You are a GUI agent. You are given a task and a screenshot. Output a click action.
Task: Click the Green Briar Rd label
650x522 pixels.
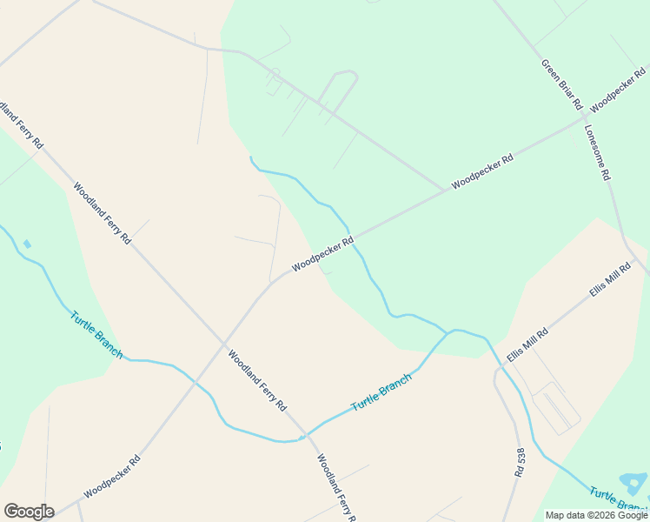pos(561,84)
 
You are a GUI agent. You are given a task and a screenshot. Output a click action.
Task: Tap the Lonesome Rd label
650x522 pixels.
pos(598,151)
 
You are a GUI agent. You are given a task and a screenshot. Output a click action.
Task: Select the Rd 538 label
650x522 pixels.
pos(521,462)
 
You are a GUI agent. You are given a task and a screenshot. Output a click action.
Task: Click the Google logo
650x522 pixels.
pos(29,511)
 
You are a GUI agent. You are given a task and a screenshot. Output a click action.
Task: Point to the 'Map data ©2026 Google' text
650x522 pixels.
pos(596,515)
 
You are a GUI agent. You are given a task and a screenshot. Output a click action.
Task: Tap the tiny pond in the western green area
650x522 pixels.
pos(27,244)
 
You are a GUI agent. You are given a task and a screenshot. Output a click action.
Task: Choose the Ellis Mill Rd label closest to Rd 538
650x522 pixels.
pos(528,345)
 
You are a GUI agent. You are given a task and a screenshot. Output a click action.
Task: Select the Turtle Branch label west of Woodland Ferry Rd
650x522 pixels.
pos(96,334)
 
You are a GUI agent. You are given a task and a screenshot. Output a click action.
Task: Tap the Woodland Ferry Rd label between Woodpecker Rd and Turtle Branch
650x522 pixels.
pos(257,380)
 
